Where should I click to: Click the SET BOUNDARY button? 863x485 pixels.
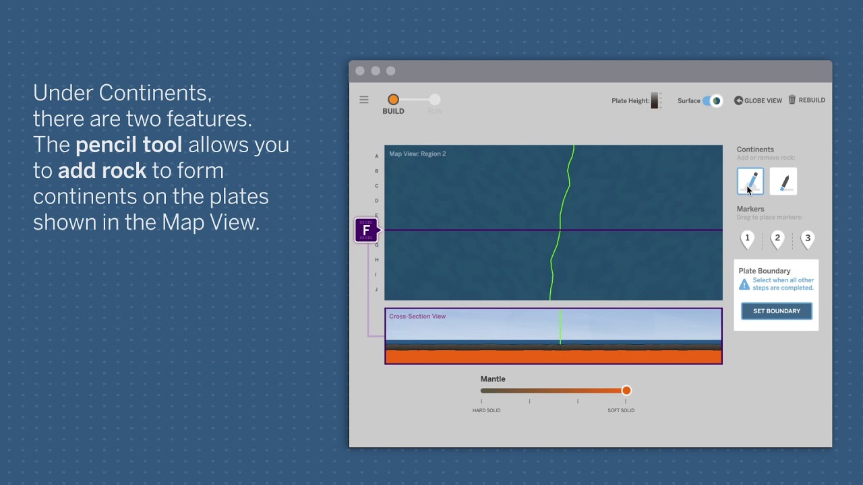click(777, 311)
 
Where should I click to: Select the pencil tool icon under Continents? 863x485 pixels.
click(750, 181)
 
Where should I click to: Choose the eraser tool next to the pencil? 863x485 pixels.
click(783, 182)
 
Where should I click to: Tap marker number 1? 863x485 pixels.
click(747, 238)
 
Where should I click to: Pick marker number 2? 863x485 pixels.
click(777, 238)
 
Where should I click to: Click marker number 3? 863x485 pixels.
click(808, 238)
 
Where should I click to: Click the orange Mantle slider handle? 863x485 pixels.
click(626, 391)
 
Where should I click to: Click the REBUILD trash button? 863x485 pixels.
click(806, 100)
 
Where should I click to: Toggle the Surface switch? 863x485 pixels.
click(712, 100)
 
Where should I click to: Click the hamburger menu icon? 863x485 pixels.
click(364, 100)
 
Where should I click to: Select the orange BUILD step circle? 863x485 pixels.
click(393, 100)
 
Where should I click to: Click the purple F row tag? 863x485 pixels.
click(366, 230)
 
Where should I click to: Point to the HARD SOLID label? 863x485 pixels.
click(486, 410)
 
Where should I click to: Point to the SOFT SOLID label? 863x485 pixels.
click(621, 410)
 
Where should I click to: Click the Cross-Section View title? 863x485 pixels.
click(417, 316)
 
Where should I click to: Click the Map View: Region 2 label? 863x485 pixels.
click(417, 154)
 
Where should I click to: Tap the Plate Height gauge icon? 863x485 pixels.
click(655, 100)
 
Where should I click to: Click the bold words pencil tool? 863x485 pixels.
click(128, 145)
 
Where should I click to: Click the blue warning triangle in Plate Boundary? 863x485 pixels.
click(744, 284)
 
